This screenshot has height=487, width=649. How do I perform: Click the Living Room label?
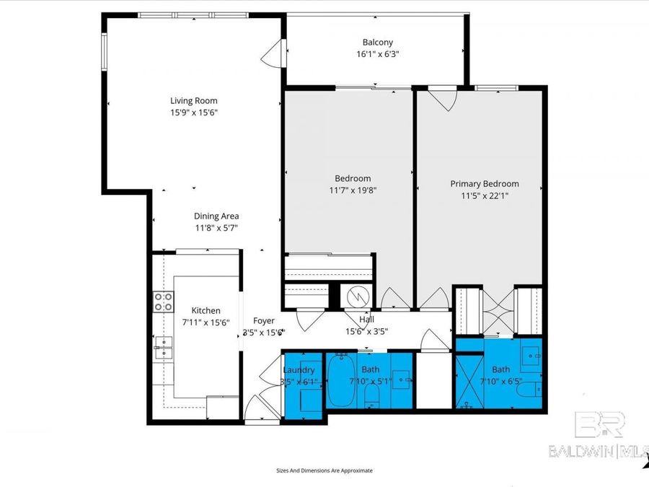(193, 101)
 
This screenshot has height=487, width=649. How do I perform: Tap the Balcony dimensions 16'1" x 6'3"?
(377, 54)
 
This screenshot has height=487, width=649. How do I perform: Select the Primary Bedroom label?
(484, 184)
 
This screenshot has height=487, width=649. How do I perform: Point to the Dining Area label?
(216, 216)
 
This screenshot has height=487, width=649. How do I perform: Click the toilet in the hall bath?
(372, 393)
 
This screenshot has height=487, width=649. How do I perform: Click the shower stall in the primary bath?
(469, 381)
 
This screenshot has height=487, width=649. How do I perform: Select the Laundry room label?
(299, 370)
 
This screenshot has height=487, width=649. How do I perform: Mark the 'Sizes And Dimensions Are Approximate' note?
(324, 470)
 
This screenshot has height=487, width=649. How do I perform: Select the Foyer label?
(264, 321)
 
